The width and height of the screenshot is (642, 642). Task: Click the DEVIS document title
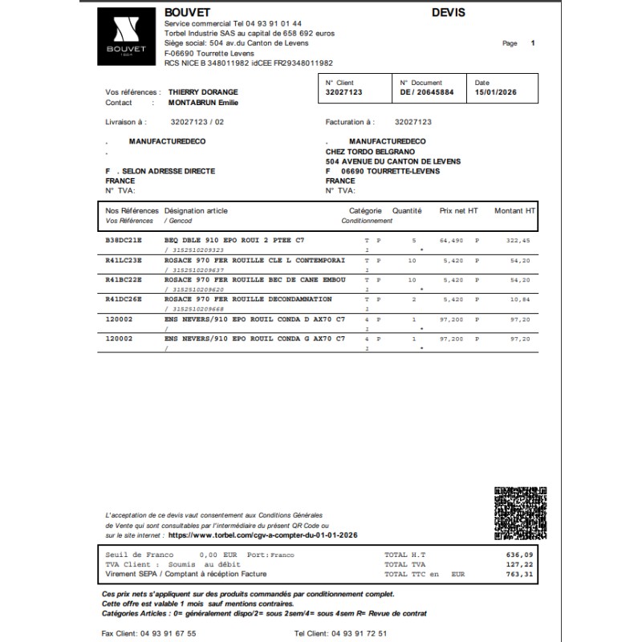pos(448,13)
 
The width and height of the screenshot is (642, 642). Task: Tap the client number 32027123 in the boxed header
pos(344,93)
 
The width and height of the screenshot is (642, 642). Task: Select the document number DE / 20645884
pos(427,93)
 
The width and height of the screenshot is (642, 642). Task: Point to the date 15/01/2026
pos(497,93)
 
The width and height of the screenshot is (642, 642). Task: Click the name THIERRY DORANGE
pos(204,93)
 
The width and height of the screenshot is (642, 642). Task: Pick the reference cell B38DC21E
pos(124,240)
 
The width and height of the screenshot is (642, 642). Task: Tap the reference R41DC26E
pos(124,299)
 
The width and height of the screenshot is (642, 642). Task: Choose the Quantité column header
pos(407,211)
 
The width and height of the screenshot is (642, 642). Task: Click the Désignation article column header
pos(196,211)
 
